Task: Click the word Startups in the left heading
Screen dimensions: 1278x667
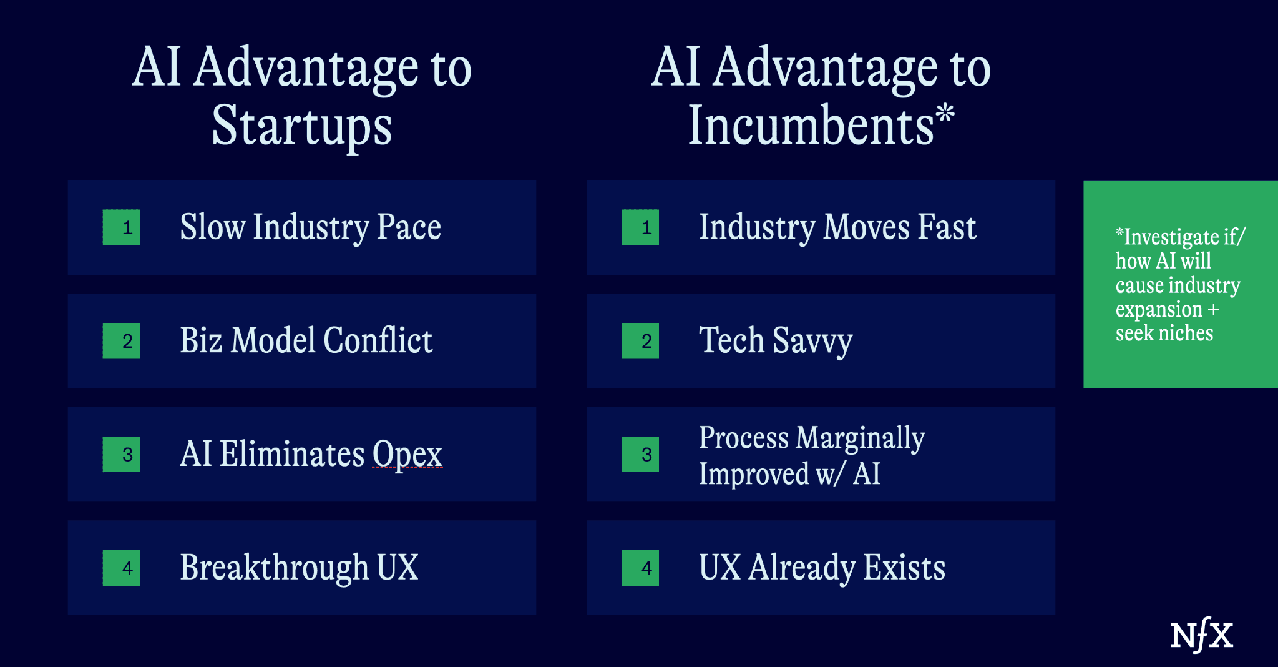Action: [302, 127]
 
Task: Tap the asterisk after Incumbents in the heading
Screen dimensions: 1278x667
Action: [945, 114]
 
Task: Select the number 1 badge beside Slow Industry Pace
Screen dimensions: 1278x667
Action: [121, 227]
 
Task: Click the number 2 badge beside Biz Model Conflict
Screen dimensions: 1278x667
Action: [121, 341]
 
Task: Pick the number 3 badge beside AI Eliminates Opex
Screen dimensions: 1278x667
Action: [121, 454]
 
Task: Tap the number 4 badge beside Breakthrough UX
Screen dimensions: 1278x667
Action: [121, 568]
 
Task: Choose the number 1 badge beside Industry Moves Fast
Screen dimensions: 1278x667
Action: [640, 227]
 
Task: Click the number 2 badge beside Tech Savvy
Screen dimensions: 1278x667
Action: [640, 341]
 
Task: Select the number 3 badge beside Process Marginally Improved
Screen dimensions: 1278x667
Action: [640, 454]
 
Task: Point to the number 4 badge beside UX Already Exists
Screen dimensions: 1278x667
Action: [640, 568]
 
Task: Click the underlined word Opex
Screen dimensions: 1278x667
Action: [407, 455]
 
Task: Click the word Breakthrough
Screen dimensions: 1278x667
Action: [274, 568]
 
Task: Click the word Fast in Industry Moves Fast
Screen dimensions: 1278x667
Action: [947, 227]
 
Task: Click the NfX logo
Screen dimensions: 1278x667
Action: [1201, 635]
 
